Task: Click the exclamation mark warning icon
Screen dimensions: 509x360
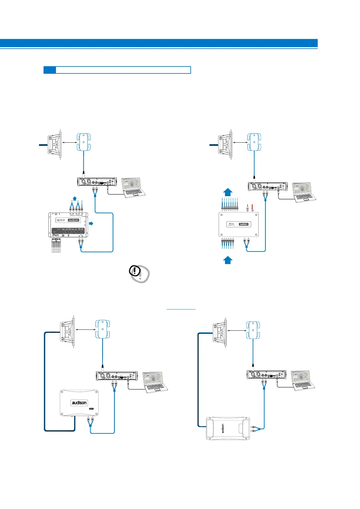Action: pos(135,271)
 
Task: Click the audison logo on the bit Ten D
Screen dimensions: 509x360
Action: pos(74,220)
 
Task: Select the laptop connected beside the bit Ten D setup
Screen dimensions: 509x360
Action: pos(134,188)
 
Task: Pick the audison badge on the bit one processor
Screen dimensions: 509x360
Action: pos(244,224)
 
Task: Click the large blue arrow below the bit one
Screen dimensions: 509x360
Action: pos(228,260)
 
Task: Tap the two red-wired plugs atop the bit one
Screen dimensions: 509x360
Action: pos(250,208)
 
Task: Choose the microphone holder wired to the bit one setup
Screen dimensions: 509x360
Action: pos(254,142)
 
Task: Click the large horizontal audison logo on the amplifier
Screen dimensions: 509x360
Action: pos(79,403)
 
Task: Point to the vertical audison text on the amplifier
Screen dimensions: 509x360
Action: pos(223,428)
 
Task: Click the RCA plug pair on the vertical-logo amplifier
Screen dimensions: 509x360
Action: pos(255,428)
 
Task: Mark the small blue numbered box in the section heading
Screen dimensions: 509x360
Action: pos(50,70)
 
